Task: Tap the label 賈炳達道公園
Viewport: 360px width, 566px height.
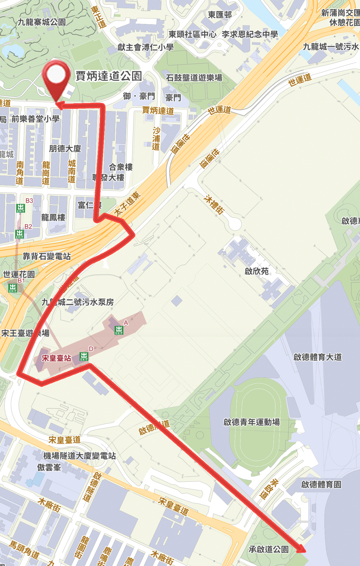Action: [109, 76]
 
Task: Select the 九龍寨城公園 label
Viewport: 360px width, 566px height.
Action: [42, 22]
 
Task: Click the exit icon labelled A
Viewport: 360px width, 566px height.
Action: [119, 330]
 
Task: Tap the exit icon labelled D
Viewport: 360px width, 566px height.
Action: [84, 356]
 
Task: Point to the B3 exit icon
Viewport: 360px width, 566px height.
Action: [20, 208]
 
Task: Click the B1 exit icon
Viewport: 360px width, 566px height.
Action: [13, 288]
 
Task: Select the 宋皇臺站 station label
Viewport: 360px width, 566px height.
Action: [56, 358]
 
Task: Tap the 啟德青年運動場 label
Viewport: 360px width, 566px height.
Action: [251, 422]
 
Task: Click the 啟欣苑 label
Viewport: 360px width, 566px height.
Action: [257, 271]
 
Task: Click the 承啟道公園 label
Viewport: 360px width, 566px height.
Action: [269, 549]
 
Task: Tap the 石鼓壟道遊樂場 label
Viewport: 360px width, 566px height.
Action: [194, 78]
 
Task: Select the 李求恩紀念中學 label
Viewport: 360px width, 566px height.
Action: [250, 34]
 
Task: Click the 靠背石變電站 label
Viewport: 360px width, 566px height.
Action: [47, 256]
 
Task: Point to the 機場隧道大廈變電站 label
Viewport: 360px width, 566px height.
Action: [80, 456]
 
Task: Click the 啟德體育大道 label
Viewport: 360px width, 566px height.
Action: [318, 357]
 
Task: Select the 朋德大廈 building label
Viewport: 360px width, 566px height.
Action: [65, 149]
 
